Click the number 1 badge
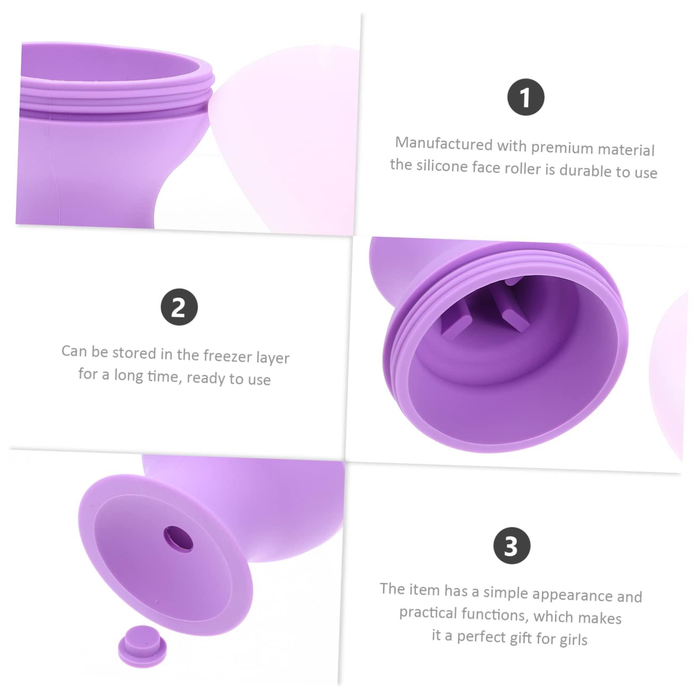point(525,97)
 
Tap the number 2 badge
point(179,307)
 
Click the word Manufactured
point(444,144)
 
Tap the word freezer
point(227,356)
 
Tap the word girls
point(574,640)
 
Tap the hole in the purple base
point(179,539)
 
